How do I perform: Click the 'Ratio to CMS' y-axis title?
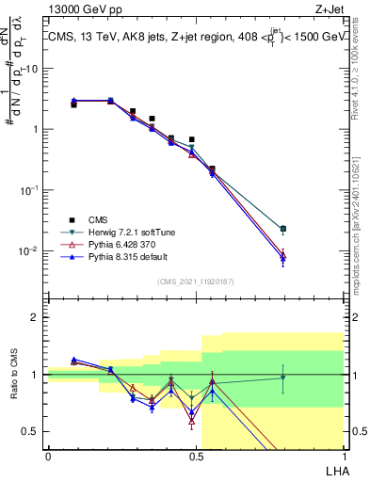click(14, 375)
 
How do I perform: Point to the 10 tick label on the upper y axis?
click(33, 69)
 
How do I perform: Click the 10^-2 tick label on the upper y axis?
click(30, 250)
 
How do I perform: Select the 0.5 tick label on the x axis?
click(196, 456)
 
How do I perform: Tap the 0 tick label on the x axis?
click(48, 456)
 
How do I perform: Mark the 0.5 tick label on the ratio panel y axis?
click(34, 431)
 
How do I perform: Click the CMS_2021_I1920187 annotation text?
click(195, 281)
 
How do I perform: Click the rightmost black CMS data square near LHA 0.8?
click(283, 229)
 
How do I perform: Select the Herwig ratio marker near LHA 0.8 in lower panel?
click(283, 378)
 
